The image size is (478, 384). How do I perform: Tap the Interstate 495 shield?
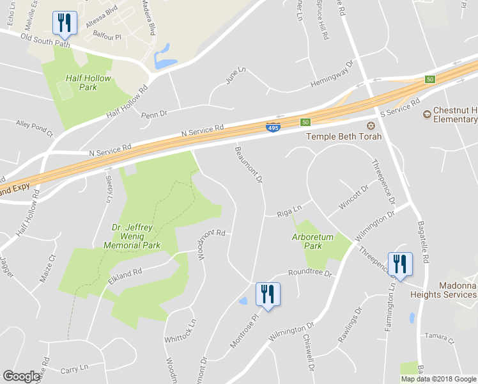pos(273,128)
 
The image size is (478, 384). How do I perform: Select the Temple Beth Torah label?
pos(344,136)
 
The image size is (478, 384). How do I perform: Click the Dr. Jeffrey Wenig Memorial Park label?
pos(135,235)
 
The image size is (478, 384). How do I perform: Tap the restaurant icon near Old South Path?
pos(65,23)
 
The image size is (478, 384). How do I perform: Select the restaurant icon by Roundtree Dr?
pos(268,294)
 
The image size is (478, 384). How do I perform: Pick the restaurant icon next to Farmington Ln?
pos(400,264)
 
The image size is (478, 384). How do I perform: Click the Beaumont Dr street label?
pos(249,164)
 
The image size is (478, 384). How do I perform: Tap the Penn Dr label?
pos(153,114)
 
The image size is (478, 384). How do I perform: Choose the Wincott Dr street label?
pos(354,197)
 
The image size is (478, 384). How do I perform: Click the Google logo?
pos(22,376)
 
